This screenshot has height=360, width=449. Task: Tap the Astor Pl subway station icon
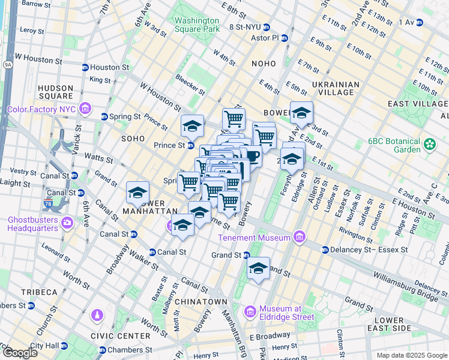click(285, 38)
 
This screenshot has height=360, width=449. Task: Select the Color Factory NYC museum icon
click(86, 109)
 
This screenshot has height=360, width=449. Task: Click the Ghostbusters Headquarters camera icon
click(67, 224)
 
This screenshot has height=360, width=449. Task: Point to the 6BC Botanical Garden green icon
click(429, 144)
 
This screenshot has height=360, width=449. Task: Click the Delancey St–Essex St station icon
click(325, 250)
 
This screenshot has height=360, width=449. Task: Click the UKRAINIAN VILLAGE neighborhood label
click(336, 88)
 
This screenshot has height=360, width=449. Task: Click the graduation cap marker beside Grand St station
click(258, 268)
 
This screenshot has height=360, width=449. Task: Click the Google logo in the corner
click(20, 352)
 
